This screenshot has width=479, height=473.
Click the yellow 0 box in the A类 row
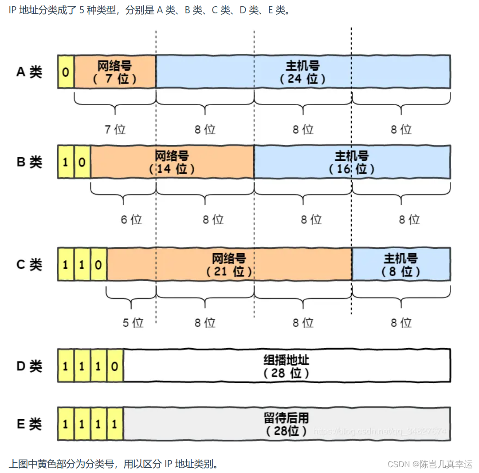pos(66,72)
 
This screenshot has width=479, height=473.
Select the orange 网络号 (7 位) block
pos(115,72)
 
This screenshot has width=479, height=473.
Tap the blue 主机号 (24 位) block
pos(303,72)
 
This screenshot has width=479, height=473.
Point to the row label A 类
pos(29,72)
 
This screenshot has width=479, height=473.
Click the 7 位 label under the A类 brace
pos(115,129)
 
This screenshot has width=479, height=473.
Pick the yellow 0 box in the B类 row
pos(82,162)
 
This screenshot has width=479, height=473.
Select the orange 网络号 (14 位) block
pos(172,162)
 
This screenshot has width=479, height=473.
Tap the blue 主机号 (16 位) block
pos(352,162)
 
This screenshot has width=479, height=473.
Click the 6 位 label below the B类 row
pos(131,219)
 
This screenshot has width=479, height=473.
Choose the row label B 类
pos(29,162)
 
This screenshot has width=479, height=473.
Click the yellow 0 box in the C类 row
pos(98,265)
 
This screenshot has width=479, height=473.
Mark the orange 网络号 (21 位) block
pos(229,265)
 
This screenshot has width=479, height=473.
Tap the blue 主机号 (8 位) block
pos(401,265)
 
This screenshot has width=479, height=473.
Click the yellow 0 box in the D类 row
pos(115,366)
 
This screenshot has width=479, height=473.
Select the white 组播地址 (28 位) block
pos(287,366)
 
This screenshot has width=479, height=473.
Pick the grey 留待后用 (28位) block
pos(287,424)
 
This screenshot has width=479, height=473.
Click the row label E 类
pos(29,424)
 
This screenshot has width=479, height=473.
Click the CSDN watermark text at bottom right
pos(430,464)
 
